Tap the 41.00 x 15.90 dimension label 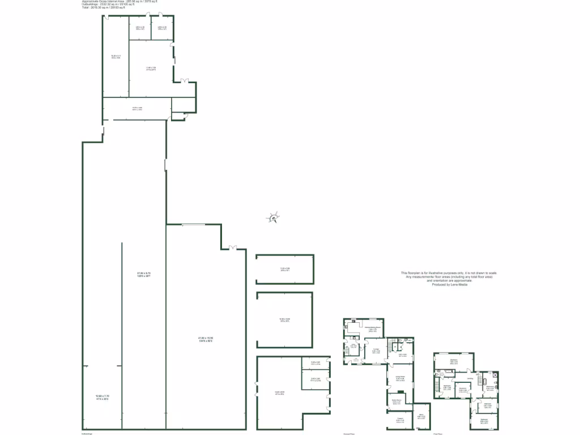pyautogui.click(x=206, y=339)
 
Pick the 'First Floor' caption pyautogui.click(x=437, y=433)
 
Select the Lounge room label pyautogui.click(x=376, y=351)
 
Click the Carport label pyautogui.click(x=400, y=420)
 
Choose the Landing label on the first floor pyautogui.click(x=470, y=379)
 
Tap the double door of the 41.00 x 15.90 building pyautogui.click(x=232, y=247)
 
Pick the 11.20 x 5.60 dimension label pyautogui.click(x=285, y=269)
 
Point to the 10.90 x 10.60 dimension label pyautogui.click(x=284, y=320)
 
